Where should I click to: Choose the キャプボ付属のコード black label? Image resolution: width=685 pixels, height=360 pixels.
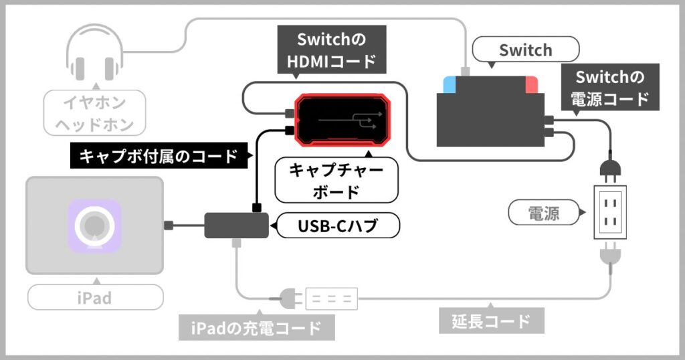click(x=159, y=157)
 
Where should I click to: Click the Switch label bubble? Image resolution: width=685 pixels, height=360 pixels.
click(x=525, y=50)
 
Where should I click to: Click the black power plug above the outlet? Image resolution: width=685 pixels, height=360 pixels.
click(x=610, y=167)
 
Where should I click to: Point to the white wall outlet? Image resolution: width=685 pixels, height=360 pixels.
click(x=611, y=211)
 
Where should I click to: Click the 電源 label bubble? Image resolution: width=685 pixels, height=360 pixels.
click(x=544, y=213)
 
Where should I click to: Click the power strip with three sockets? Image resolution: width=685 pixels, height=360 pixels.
click(x=332, y=298)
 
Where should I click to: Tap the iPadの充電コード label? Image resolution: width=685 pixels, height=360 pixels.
click(x=257, y=328)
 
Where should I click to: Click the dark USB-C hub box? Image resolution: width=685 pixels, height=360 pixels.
click(x=235, y=226)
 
